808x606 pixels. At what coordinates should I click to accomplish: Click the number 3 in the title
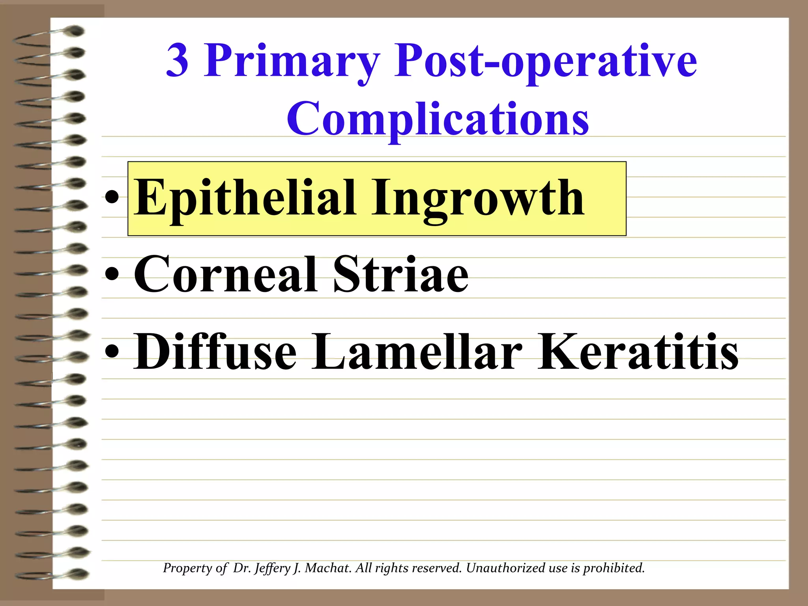177,61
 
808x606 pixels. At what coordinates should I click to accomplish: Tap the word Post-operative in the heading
546,62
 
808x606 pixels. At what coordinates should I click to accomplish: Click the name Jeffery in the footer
272,569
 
